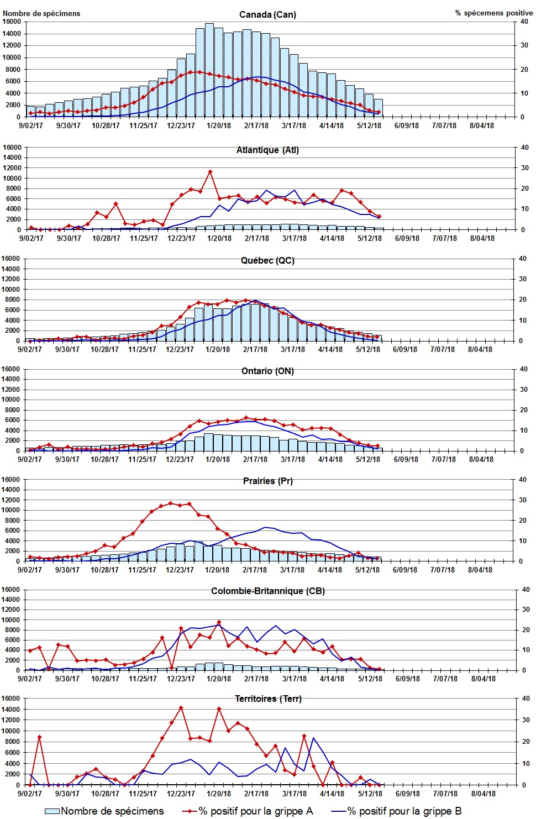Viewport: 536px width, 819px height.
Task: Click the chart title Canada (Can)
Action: pos(267,14)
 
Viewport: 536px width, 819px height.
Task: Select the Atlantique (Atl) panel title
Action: pos(267,150)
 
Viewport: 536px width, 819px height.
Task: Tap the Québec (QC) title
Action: pos(267,260)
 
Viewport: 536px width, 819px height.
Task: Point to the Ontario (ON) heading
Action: pos(267,371)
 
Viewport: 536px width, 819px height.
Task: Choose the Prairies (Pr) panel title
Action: pos(267,481)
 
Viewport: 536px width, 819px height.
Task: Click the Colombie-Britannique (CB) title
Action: pos(267,591)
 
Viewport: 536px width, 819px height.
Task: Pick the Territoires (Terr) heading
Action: pos(268,699)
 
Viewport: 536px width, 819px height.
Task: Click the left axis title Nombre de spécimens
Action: pos(41,13)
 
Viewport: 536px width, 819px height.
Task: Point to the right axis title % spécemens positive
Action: pos(494,13)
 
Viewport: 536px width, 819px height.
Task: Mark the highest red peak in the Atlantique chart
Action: pos(210,172)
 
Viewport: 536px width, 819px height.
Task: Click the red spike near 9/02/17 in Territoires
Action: pos(39,737)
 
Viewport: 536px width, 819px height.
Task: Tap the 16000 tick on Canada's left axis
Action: pos(12,22)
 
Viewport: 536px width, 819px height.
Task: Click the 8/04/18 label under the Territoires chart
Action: pos(483,794)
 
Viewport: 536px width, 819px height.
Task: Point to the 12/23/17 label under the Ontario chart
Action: pos(180,459)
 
